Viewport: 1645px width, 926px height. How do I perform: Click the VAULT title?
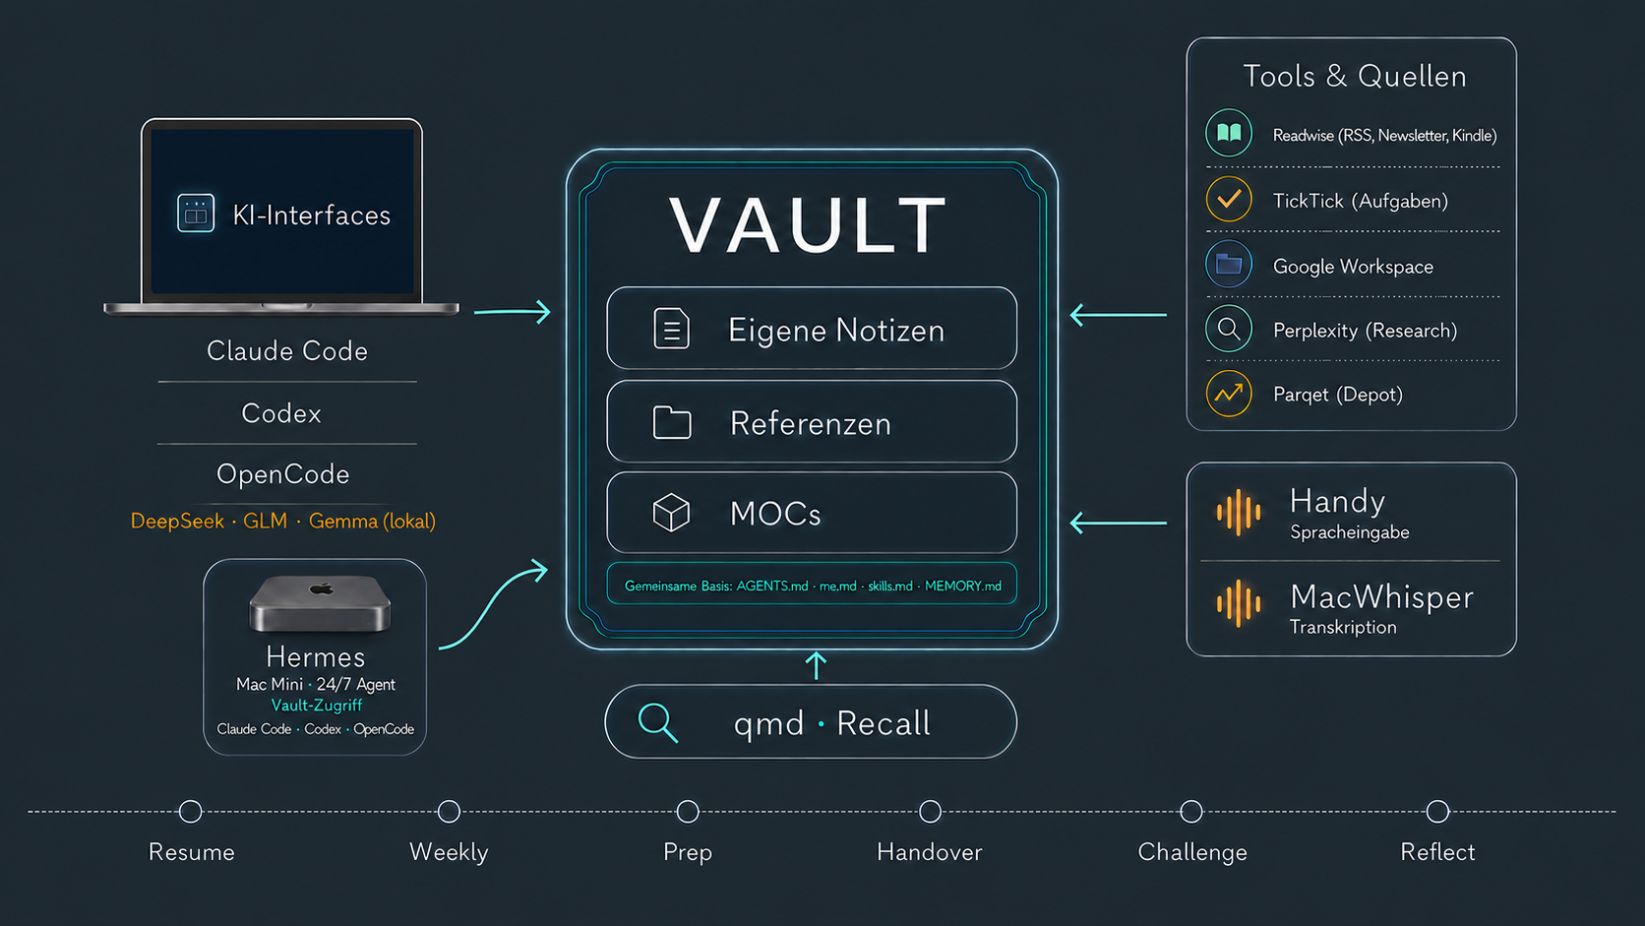click(808, 224)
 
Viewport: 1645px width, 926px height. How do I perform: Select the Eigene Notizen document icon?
click(671, 329)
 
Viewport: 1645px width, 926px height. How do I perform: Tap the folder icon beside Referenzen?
click(672, 422)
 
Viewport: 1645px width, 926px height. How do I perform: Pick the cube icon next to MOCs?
click(671, 512)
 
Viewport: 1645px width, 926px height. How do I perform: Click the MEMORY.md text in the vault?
click(963, 586)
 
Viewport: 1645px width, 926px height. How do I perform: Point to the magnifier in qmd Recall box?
click(657, 722)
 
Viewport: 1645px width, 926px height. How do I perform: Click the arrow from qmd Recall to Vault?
click(816, 665)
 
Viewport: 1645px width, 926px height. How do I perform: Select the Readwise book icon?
click(1229, 133)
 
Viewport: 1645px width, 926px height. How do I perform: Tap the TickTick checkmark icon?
click(1229, 198)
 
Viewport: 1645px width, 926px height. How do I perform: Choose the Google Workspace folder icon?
click(1229, 264)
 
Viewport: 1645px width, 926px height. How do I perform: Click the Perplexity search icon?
click(1229, 329)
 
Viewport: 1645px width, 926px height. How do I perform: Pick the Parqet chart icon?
click(1229, 394)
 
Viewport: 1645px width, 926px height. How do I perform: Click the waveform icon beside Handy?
click(1239, 512)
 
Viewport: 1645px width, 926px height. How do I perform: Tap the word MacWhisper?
click(1381, 597)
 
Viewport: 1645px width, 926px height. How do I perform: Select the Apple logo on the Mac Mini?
click(322, 588)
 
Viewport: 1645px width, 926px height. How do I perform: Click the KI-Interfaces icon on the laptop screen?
click(196, 213)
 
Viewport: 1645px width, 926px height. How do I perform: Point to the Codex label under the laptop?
click(281, 413)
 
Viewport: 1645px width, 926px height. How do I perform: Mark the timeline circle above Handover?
click(930, 812)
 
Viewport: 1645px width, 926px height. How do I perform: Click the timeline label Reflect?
click(1437, 852)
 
